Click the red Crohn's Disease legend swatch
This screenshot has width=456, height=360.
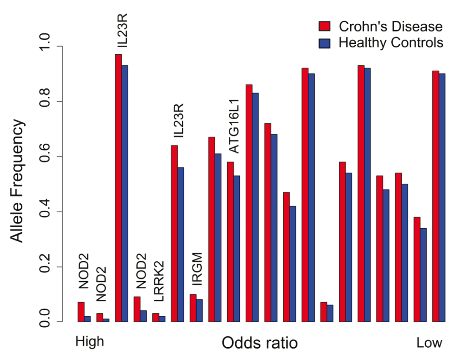pos(324,26)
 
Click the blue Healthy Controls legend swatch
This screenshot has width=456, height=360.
pos(324,42)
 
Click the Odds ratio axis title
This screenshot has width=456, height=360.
pos(259,343)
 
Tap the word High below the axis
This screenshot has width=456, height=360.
pos(90,342)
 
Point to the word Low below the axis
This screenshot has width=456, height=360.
pos(429,343)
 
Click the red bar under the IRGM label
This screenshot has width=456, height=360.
pos(193,308)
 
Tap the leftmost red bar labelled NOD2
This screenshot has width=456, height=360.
pos(81,312)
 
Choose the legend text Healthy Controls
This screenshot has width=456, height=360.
pos(391,42)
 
